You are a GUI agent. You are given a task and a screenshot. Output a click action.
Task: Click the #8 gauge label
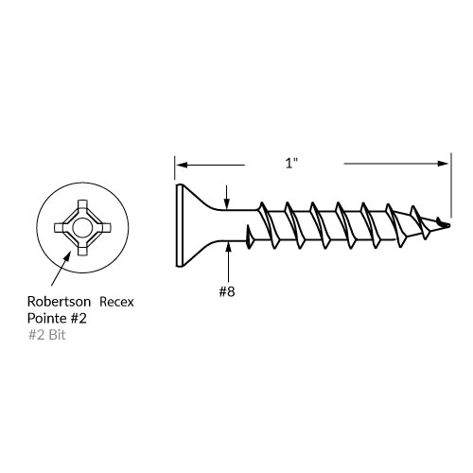tap(227, 291)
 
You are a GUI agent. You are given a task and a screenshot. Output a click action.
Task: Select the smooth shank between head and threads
tap(232, 226)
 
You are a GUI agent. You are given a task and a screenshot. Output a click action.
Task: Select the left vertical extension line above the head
tap(175, 167)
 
